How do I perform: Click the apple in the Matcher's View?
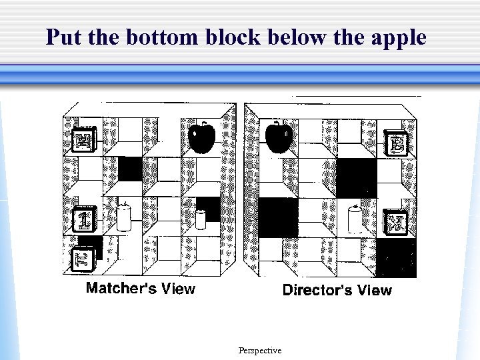[201, 137]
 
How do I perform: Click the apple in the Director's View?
[279, 137]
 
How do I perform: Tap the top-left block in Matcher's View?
[85, 140]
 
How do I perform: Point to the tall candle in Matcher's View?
[123, 216]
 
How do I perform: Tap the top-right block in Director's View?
[397, 143]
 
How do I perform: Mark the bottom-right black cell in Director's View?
[396, 257]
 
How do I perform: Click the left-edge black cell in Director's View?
[277, 217]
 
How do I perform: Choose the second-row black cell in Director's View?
[357, 178]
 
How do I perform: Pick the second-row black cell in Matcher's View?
[130, 169]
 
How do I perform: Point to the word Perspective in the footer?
[259, 351]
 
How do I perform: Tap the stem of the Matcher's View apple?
[204, 124]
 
